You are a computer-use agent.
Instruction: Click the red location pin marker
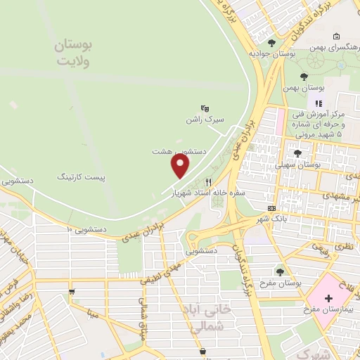click(x=181, y=166)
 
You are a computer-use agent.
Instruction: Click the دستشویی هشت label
click(x=179, y=150)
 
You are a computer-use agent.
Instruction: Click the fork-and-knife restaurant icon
click(x=207, y=181)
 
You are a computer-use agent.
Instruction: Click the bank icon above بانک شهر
click(x=271, y=208)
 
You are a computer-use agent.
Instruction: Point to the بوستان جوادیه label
click(x=271, y=53)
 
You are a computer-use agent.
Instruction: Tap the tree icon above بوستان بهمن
click(x=304, y=77)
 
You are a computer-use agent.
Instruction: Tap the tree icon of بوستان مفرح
click(x=281, y=271)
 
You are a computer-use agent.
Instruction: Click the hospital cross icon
click(x=328, y=299)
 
